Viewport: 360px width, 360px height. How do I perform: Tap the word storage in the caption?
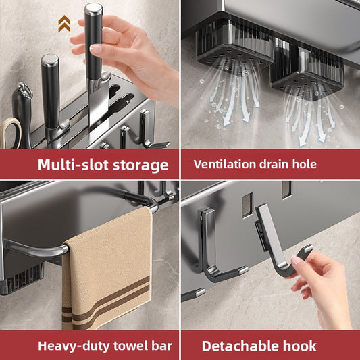pyautogui.click(x=140, y=165)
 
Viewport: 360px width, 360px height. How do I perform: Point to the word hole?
pyautogui.click(x=305, y=164)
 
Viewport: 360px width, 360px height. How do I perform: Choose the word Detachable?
pyautogui.click(x=240, y=346)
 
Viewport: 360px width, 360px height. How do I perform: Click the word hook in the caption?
pyautogui.click(x=300, y=346)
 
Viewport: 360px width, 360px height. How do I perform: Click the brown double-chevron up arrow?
pyautogui.click(x=64, y=24)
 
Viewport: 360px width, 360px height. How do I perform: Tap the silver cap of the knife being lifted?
pyautogui.click(x=93, y=9)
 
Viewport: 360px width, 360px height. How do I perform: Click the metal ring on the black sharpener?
pyautogui.click(x=25, y=90)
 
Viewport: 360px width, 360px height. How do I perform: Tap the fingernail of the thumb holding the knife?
pyautogui.click(x=95, y=49)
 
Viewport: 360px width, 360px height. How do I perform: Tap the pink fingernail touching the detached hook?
pyautogui.click(x=296, y=260)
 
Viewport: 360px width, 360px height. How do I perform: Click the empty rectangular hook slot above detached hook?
pyautogui.click(x=247, y=205)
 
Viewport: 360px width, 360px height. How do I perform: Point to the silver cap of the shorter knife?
pyautogui.click(x=50, y=60)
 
